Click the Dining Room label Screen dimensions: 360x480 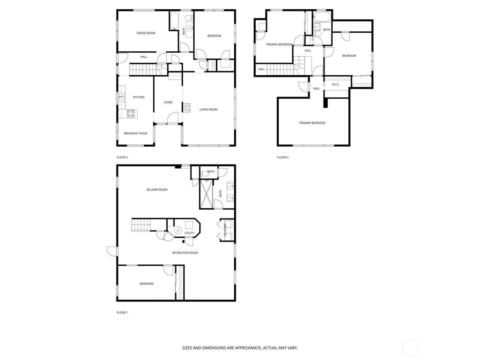(146, 33)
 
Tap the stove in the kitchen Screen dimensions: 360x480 (130, 113)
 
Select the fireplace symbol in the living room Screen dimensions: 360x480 (186, 108)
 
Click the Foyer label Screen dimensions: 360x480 (168, 102)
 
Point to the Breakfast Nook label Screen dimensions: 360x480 (136, 133)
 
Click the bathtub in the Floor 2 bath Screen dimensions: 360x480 (174, 21)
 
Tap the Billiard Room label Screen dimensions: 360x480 (157, 190)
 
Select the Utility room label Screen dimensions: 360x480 (189, 233)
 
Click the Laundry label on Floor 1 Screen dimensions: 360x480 (225, 229)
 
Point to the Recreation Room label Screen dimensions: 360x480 (185, 253)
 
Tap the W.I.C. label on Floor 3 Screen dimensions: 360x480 (336, 84)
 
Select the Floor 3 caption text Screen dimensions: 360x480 (283, 157)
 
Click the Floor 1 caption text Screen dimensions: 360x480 (122, 312)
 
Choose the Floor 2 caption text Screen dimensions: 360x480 (122, 157)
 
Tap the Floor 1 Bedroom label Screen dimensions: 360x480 (147, 284)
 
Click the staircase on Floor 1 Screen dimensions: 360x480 (142, 225)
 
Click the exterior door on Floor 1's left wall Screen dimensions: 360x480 (111, 251)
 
